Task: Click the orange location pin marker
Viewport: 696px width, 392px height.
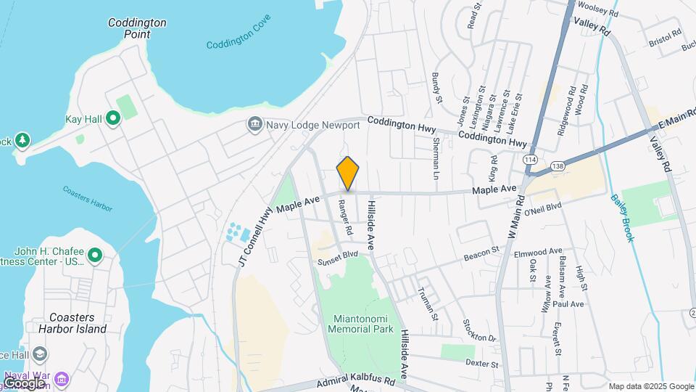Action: click(348, 174)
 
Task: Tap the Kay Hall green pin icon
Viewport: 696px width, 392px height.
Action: click(112, 118)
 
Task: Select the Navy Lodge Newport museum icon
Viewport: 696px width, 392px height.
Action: click(255, 125)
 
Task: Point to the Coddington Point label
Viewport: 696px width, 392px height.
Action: click(137, 28)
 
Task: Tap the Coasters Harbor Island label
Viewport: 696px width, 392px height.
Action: click(78, 322)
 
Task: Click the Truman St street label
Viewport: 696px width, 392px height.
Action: click(428, 303)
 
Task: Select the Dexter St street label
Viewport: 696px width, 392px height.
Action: click(482, 364)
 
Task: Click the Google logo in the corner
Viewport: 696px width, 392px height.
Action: click(23, 383)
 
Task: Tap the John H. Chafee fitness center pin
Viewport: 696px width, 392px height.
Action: click(94, 256)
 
